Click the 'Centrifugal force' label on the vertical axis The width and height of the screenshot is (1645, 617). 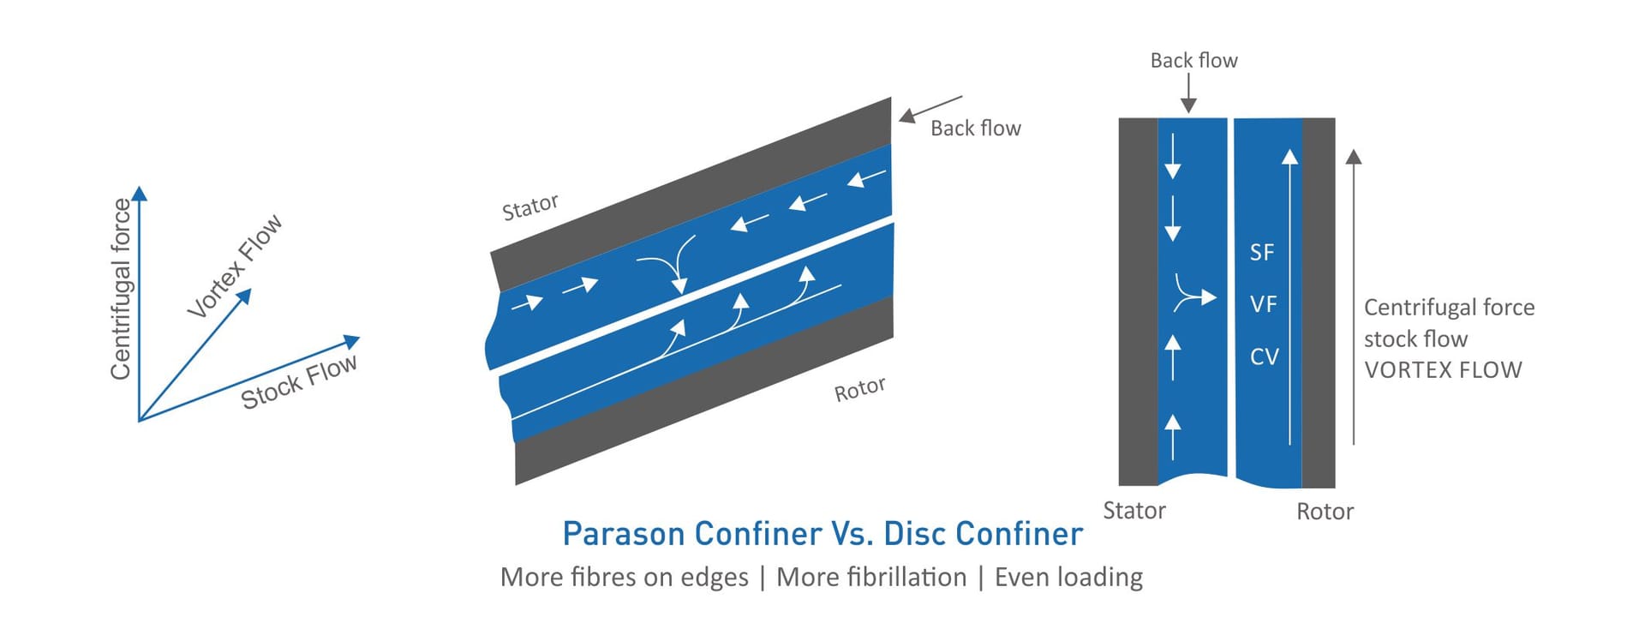pos(121,289)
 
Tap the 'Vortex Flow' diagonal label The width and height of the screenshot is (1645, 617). pos(235,266)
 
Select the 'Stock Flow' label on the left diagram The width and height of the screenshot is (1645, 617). pos(299,382)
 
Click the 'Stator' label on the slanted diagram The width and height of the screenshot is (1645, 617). pos(529,207)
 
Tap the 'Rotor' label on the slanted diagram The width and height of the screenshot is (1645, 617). pos(859,389)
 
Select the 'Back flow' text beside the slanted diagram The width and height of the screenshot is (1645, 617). pos(975,129)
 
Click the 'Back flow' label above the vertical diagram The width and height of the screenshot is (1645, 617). pos(1193,61)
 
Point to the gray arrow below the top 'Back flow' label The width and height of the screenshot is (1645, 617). pos(1188,93)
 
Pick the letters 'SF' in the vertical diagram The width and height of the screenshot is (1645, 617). pos(1261,253)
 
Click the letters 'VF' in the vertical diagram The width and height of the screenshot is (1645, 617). pos(1263,304)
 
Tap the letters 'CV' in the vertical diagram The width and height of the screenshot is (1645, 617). pos(1264,356)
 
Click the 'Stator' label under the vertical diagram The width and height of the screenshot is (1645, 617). pos(1134,511)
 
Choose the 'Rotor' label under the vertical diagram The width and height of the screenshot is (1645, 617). pos(1325,512)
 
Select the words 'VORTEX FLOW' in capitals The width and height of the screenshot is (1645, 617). pos(1443,370)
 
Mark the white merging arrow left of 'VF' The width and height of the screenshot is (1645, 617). pos(1193,296)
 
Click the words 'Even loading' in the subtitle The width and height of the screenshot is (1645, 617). pos(1068,578)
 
